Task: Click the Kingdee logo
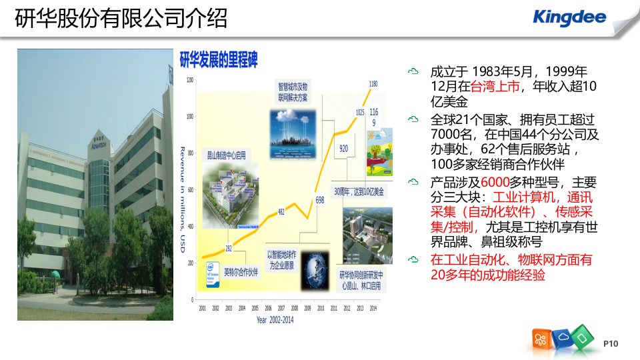coord(570,17)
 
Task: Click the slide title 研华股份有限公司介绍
coord(121,18)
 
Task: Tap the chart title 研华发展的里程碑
coord(219,59)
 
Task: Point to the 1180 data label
coord(373,84)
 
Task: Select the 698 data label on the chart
coord(319,200)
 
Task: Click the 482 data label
coord(281,212)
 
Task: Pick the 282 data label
coord(228,249)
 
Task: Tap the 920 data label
coord(343,148)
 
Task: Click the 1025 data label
coord(359,113)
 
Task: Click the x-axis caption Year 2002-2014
coord(275,319)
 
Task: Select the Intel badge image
coord(212,273)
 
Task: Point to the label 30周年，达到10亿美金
coord(359,192)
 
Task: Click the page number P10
coord(611,343)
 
